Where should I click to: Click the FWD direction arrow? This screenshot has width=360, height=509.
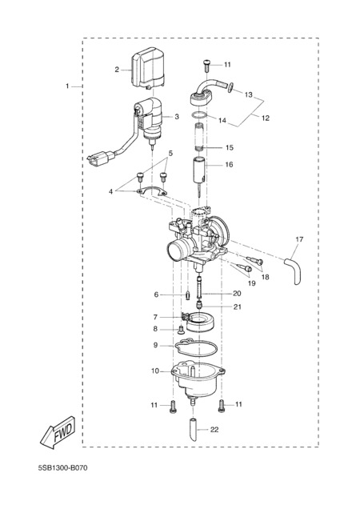tap(58, 433)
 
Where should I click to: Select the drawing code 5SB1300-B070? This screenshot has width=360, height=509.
tap(63, 467)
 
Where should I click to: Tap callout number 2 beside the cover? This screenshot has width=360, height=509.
tap(117, 70)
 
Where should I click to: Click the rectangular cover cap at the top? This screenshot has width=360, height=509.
tap(148, 68)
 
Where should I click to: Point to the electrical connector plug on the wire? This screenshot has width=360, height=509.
tap(101, 157)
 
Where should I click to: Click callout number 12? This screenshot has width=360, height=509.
tap(266, 118)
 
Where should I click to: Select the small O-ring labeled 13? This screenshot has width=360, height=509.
tap(231, 86)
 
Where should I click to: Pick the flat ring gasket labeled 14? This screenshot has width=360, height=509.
tap(198, 115)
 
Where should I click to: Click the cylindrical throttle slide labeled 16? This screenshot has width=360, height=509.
tap(199, 169)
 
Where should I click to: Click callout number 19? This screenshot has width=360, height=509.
tap(252, 283)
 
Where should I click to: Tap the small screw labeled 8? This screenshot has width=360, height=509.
tap(181, 331)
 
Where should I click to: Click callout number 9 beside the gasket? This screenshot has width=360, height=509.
tap(155, 345)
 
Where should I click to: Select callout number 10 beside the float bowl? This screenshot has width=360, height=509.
tap(155, 371)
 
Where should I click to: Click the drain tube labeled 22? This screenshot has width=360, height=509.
tap(193, 430)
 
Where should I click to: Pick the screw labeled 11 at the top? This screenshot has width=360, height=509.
tap(206, 66)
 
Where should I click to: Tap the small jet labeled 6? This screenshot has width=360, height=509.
tap(187, 295)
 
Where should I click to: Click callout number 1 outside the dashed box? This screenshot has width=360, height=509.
tap(67, 86)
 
